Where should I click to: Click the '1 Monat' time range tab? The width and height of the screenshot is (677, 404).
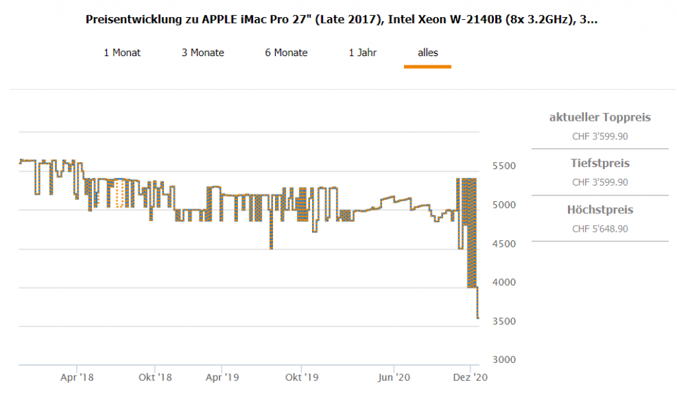point(122,53)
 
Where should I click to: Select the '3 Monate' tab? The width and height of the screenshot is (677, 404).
point(203,53)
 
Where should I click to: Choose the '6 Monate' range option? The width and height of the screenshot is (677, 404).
point(286,53)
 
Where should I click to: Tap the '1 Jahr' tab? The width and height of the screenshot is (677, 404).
point(363,53)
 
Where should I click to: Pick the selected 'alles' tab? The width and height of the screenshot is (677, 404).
point(428,53)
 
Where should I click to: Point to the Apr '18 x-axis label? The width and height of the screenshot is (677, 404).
point(77,378)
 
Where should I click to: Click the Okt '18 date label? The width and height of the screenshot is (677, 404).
point(155,378)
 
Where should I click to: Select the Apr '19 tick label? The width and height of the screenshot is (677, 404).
point(223,378)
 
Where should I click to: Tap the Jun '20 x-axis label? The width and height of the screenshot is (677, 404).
point(394,378)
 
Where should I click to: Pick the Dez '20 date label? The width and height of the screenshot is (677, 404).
point(470,378)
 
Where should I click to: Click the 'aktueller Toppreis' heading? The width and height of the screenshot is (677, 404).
point(600,118)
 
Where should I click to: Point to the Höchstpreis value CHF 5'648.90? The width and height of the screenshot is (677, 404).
point(600,229)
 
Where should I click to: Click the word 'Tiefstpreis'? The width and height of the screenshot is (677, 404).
point(600,163)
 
